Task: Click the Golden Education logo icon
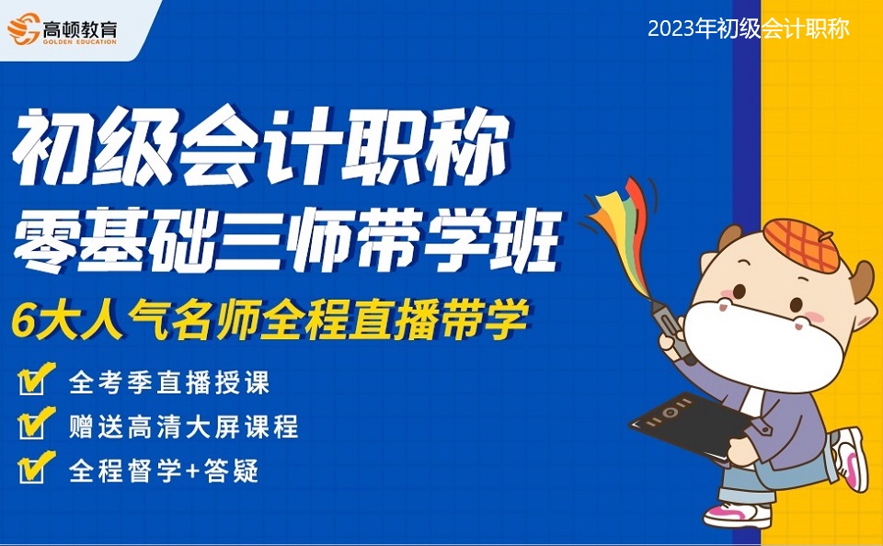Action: coord(23,28)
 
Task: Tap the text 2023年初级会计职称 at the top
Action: coord(749,28)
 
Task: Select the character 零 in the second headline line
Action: coord(45,239)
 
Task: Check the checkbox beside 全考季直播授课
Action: coord(36,379)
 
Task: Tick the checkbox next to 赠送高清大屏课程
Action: coord(36,424)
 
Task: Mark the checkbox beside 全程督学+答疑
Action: coord(36,468)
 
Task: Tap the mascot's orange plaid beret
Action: coord(802,245)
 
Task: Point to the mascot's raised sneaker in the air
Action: coord(850,459)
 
